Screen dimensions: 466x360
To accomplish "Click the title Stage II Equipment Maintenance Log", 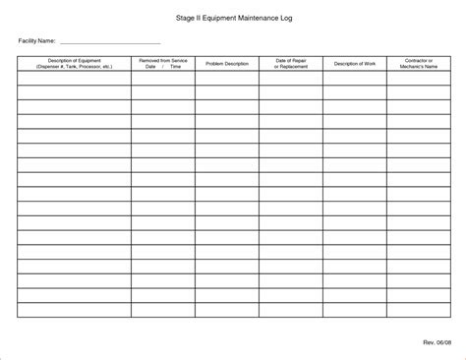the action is coord(233,18).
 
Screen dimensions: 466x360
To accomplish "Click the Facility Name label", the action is coord(37,41).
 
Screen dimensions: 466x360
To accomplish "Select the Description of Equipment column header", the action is coord(73,63).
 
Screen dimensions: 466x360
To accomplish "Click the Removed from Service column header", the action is coord(162,63).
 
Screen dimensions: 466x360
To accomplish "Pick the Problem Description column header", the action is coord(226,63).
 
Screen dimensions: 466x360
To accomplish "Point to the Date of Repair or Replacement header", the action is coord(290,63).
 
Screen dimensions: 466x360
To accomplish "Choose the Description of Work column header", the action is coord(354,63).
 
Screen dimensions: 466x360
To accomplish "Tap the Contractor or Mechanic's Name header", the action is coord(419,63).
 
